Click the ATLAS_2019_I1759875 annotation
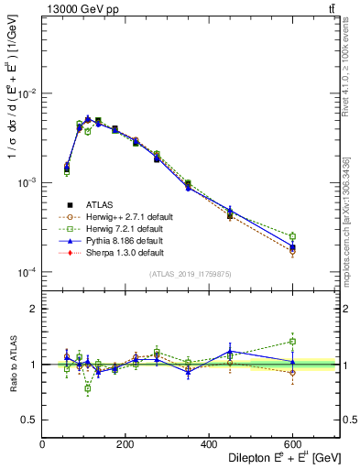coord(191,274)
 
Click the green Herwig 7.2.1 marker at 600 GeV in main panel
coord(292,236)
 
